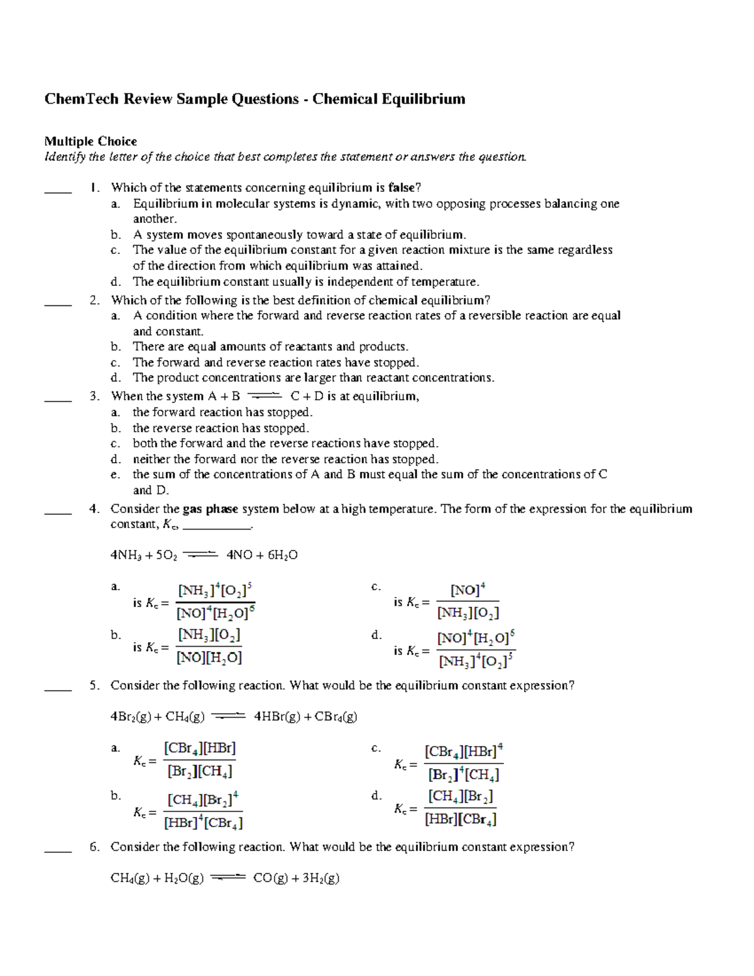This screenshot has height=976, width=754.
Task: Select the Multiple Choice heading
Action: (90, 141)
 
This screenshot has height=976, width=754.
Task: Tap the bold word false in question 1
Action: (401, 188)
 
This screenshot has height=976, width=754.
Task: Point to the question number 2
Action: (94, 300)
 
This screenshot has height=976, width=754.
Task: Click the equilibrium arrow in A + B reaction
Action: (265, 396)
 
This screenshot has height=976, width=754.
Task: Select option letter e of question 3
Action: (115, 475)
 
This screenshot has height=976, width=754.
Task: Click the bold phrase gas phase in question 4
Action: (210, 509)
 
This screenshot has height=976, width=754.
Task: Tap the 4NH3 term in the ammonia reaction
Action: (123, 556)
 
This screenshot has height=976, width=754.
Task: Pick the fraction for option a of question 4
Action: (216, 602)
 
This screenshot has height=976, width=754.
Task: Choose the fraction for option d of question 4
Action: (476, 650)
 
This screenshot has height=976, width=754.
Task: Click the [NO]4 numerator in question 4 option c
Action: (467, 591)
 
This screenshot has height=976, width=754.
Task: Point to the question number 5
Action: (94, 686)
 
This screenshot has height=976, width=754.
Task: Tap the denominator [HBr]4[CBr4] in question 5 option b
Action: (203, 823)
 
